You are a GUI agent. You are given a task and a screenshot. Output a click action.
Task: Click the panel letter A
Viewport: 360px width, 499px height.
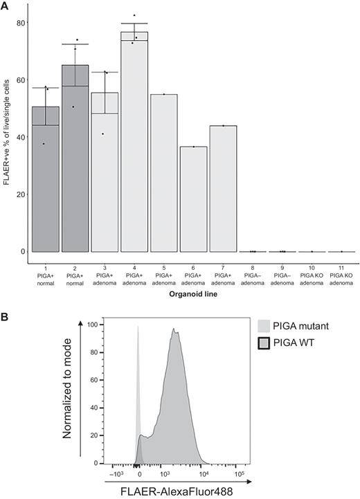(x=5, y=6)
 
